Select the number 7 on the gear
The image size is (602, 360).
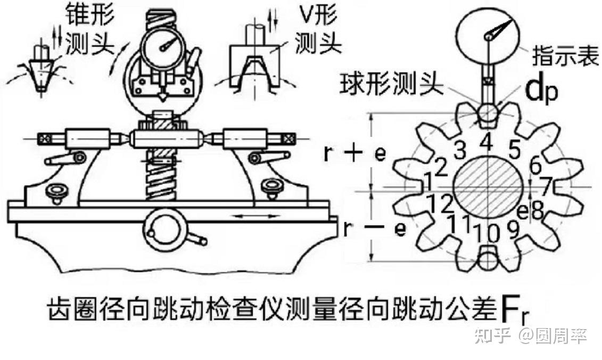click(546, 186)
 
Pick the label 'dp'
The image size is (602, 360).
click(542, 92)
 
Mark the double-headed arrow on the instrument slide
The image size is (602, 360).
click(258, 216)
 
